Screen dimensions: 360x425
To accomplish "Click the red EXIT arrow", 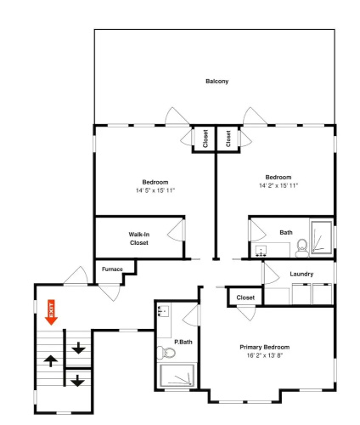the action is pos(51,312).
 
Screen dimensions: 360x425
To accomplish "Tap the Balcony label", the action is pos(217,82).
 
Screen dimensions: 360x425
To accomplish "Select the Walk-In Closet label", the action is pos(139,239).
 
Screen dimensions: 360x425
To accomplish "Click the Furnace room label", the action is pos(112,269).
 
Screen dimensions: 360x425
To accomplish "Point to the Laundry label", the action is pos(301,274).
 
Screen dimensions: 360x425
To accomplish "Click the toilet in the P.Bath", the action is pos(166,353).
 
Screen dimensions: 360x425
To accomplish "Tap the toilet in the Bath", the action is pos(302,248).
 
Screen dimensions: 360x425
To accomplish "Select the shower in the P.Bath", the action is pos(177,375).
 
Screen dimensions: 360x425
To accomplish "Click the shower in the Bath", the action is pos(322,237).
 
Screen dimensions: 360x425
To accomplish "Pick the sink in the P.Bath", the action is pos(164,311).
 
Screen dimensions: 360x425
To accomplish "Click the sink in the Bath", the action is pos(262,251).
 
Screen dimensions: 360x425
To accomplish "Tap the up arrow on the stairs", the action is pos(51,361).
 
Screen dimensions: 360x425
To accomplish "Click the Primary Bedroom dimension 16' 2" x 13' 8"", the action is pos(265,355).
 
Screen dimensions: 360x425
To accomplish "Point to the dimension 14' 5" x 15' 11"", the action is pos(155,190).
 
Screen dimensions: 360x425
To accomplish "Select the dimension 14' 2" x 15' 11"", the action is pos(278,185).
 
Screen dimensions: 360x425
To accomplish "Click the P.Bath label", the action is pos(183,342).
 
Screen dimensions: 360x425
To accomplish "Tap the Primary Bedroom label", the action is pos(265,347).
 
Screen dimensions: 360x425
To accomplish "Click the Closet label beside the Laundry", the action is pos(245,297).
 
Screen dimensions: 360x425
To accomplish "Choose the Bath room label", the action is pos(286,232).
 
